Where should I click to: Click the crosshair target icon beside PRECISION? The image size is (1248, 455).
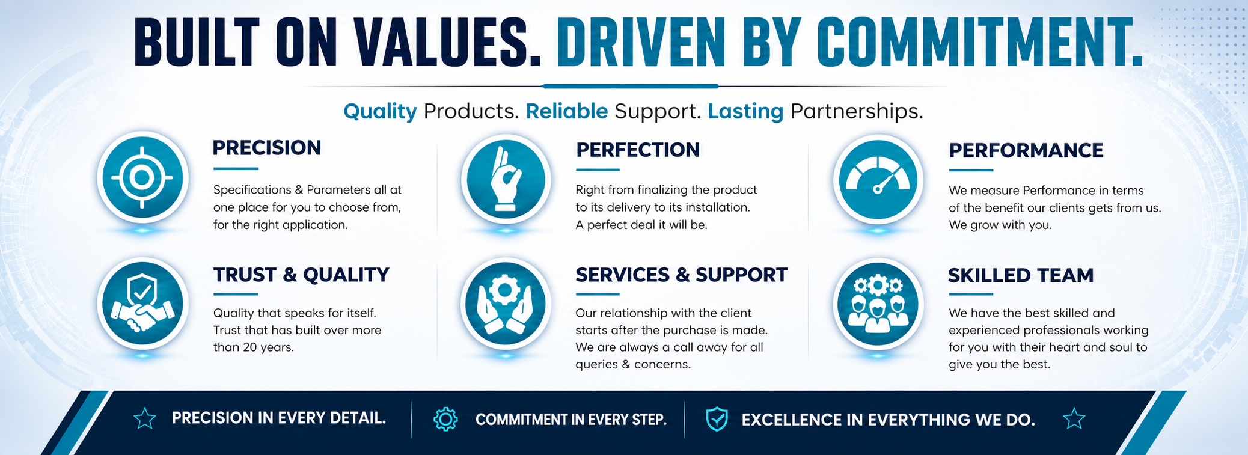pyautogui.click(x=142, y=178)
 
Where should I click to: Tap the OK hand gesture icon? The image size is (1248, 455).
pyautogui.click(x=506, y=179)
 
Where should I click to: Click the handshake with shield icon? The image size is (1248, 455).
pyautogui.click(x=142, y=304)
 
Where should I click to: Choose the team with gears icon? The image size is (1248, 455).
pyautogui.click(x=878, y=304)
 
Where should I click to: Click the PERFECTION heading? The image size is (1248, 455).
pyautogui.click(x=638, y=150)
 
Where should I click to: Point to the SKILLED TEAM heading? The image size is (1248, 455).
pyautogui.click(x=1021, y=275)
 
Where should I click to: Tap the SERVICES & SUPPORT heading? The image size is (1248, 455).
pyautogui.click(x=681, y=275)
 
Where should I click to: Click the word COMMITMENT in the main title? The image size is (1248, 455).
pyautogui.click(x=980, y=43)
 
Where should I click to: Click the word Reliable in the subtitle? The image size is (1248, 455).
pyautogui.click(x=567, y=111)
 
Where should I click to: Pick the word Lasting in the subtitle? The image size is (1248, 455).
pyautogui.click(x=745, y=111)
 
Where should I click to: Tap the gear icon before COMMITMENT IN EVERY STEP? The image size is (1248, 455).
pyautogui.click(x=445, y=419)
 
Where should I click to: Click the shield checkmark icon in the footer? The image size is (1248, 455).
pyautogui.click(x=717, y=419)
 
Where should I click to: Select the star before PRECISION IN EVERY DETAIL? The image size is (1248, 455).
pyautogui.click(x=145, y=418)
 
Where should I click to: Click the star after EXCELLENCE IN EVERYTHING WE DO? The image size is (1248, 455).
pyautogui.click(x=1074, y=418)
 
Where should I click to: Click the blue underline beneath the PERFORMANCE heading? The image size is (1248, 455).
pyautogui.click(x=971, y=170)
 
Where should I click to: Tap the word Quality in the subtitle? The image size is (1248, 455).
pyautogui.click(x=380, y=112)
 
